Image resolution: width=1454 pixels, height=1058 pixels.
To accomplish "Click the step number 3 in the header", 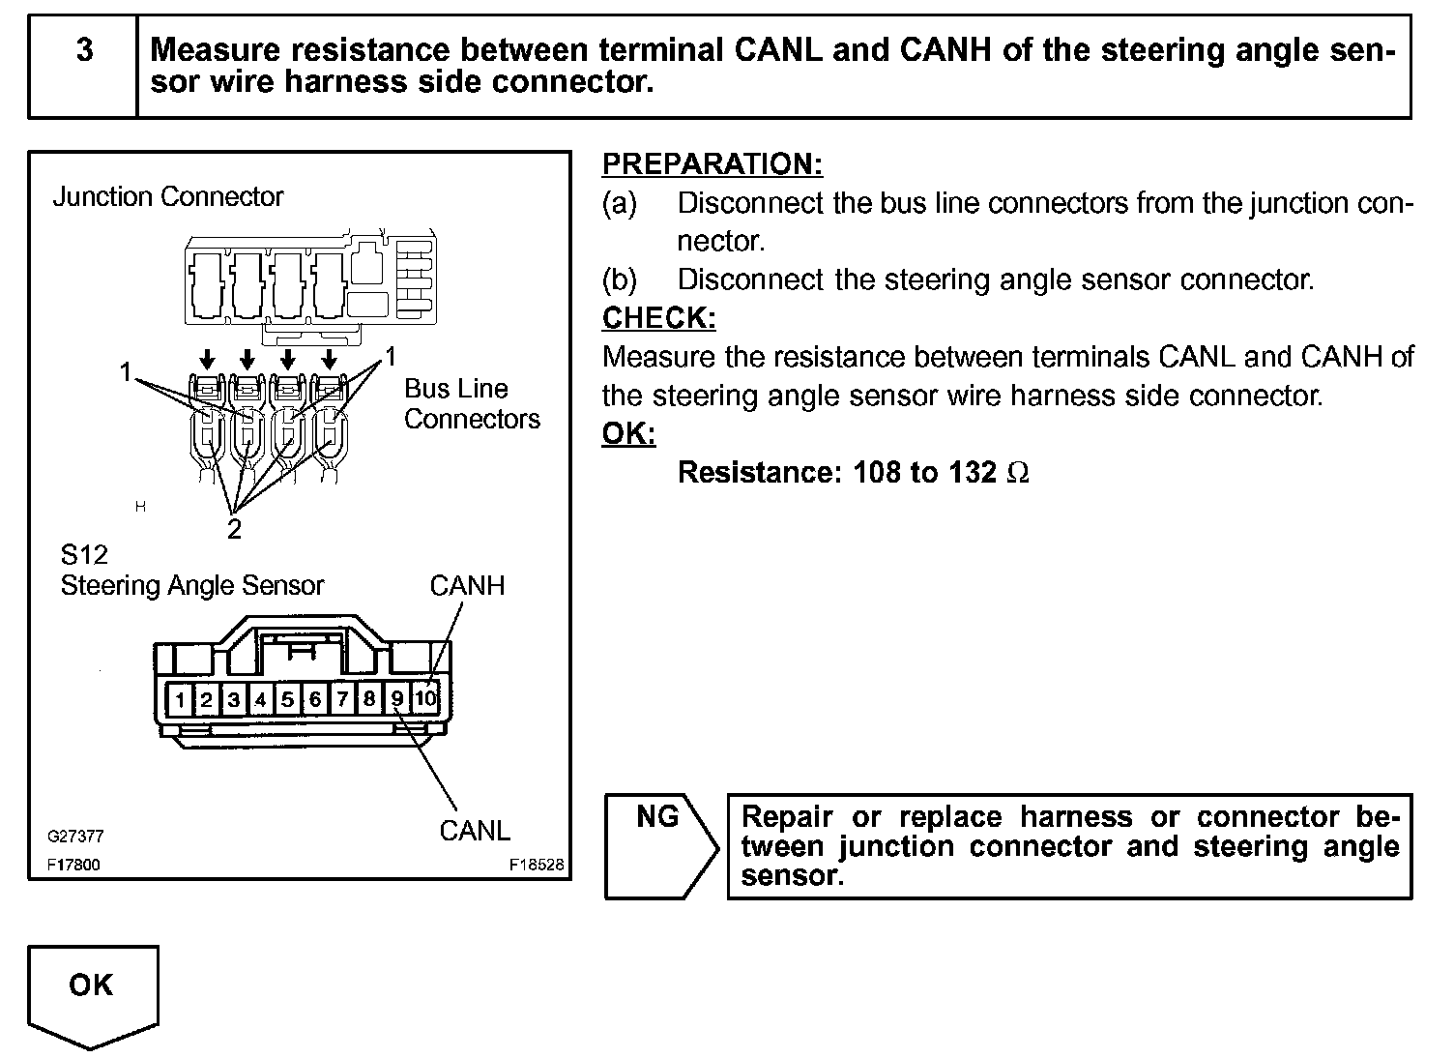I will click(x=85, y=50).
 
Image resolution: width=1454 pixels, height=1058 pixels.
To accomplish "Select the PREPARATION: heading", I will click(x=712, y=164).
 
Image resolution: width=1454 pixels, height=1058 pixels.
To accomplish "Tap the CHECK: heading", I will click(x=658, y=318).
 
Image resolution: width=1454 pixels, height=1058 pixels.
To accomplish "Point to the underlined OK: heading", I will click(x=628, y=434).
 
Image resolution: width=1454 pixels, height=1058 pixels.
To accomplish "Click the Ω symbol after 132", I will click(x=1018, y=473).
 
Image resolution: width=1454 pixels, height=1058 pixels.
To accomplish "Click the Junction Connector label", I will click(x=167, y=197).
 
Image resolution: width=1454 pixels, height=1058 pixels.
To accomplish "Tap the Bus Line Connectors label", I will click(x=471, y=404).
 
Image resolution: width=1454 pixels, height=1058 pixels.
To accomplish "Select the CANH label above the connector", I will click(x=467, y=586).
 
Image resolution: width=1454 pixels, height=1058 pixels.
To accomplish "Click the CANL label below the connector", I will click(x=474, y=831).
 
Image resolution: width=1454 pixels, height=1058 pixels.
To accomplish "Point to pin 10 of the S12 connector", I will click(x=425, y=698).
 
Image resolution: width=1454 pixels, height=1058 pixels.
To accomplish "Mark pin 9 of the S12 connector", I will click(x=397, y=698).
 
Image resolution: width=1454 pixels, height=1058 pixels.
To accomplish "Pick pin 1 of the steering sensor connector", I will click(x=180, y=698).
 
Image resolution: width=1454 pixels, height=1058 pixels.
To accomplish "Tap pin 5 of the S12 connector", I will click(x=288, y=698).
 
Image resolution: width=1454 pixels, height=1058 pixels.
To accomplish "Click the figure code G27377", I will click(x=75, y=837).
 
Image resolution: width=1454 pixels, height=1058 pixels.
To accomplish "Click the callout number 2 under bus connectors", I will click(x=234, y=529).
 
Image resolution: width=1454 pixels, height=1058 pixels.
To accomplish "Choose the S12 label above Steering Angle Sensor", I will click(x=84, y=555).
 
